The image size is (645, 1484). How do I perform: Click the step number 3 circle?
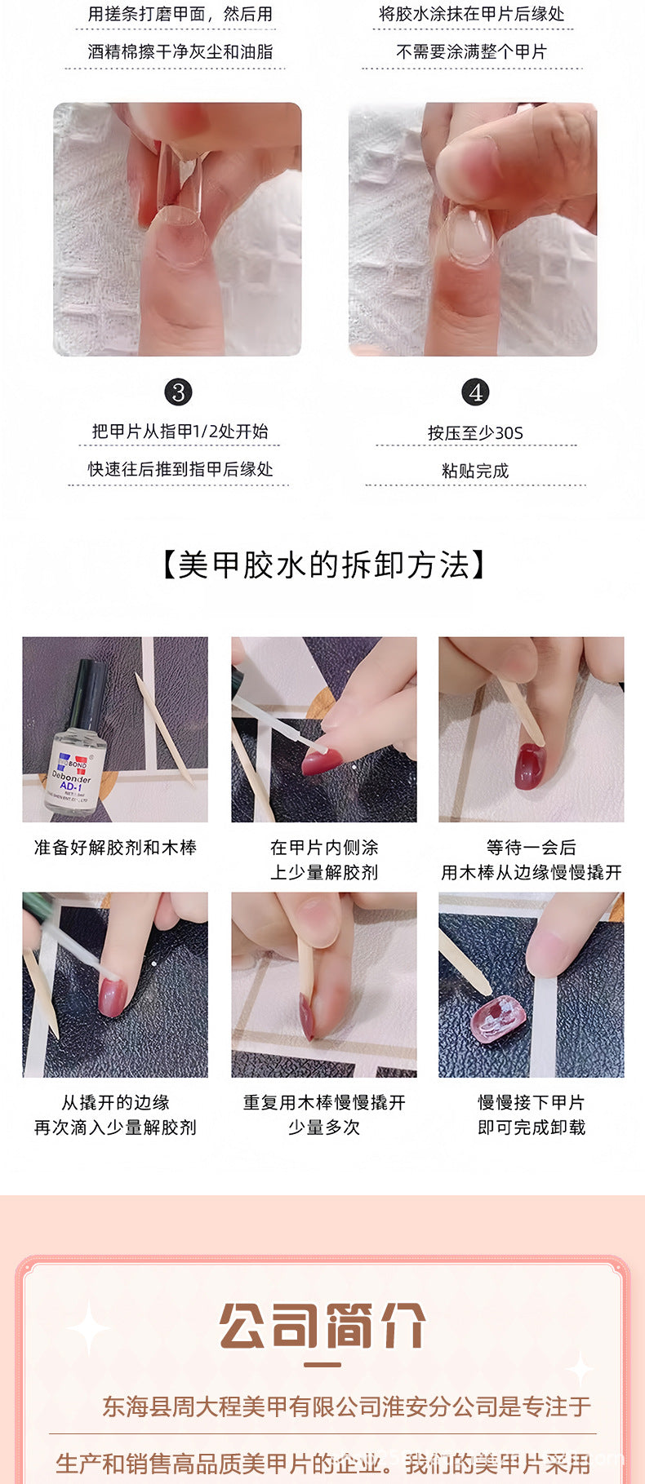coord(178,392)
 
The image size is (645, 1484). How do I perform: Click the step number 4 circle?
coord(475,392)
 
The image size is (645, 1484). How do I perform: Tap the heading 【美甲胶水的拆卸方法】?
coord(322,565)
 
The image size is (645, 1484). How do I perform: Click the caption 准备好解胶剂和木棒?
coord(115,848)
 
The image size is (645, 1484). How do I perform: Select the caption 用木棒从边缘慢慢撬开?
coord(532,872)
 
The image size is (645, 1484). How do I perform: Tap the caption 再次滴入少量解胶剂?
coord(115,1127)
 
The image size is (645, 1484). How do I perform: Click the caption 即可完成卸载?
coord(532,1127)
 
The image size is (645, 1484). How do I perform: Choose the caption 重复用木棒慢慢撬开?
coord(324,1102)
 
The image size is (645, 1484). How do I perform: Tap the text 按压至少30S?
coord(475,432)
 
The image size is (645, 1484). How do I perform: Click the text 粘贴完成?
coord(475,471)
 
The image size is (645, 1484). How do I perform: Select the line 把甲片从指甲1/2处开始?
coord(180,431)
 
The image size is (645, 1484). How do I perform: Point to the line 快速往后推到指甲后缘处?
coord(180,469)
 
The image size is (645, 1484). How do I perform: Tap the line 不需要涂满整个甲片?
coord(471,51)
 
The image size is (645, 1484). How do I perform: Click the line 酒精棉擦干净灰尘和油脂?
coord(180,51)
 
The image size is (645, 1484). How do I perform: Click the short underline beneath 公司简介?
coord(322,1365)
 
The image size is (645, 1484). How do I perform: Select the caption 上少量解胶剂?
coord(324,872)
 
